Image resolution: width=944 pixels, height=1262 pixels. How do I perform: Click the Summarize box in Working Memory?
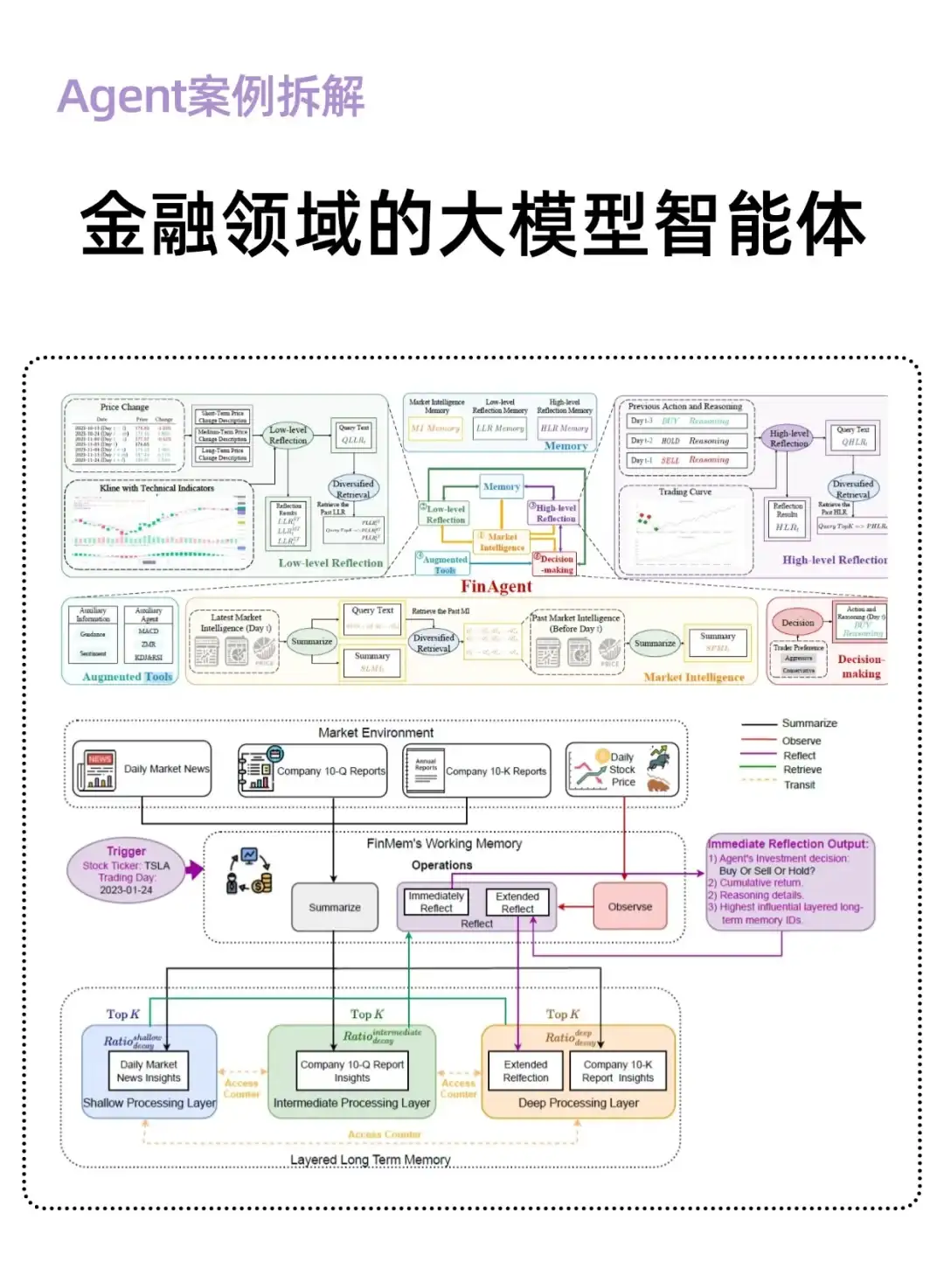point(335,908)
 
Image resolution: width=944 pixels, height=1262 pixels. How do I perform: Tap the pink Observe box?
point(629,907)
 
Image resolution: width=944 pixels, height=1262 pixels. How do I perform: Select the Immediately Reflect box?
point(436,902)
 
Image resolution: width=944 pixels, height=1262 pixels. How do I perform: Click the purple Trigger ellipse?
point(127,870)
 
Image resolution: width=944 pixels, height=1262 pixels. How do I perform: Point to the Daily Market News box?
point(142,770)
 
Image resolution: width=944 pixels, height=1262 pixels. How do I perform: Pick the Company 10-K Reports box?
point(476,770)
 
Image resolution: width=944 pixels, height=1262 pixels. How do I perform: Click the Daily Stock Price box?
point(621,770)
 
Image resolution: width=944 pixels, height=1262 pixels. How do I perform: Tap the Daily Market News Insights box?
point(149,1070)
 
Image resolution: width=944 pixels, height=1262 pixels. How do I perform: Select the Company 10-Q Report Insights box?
point(351,1070)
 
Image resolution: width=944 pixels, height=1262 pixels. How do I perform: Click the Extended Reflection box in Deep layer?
point(525,1070)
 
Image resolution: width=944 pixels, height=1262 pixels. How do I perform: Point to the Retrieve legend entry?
point(802,770)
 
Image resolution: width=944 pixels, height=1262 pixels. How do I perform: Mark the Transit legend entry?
point(799,784)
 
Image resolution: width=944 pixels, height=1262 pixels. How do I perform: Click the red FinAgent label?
point(496,587)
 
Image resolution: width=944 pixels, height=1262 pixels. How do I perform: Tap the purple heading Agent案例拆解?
point(211,96)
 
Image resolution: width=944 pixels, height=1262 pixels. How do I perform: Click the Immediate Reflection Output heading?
point(788,844)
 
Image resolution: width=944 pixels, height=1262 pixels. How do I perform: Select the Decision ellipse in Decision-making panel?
point(797,623)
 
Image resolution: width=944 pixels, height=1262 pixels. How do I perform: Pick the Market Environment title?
point(376,733)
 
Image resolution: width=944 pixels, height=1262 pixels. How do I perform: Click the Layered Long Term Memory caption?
point(370,1160)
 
